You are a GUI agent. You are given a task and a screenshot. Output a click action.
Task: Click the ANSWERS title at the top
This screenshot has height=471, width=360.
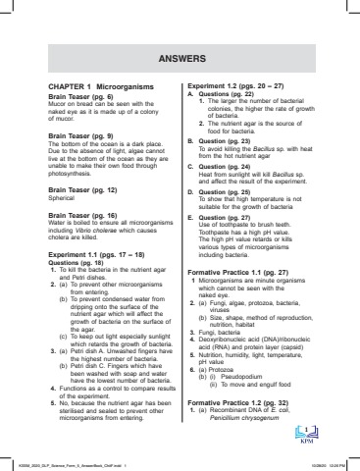tap(180, 58)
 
